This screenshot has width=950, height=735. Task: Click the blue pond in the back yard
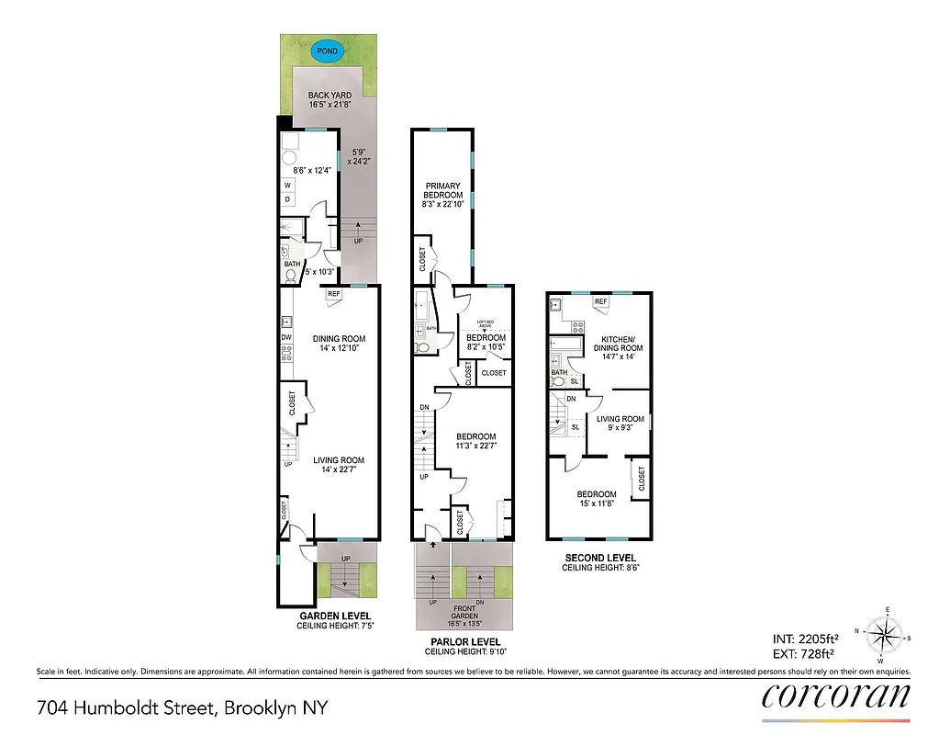(x=326, y=52)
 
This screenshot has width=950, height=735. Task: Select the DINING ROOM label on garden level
(x=339, y=339)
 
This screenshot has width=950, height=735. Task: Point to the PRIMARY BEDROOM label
(x=442, y=190)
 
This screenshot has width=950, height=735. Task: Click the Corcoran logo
(x=836, y=695)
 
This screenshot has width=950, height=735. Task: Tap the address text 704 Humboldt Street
(x=182, y=708)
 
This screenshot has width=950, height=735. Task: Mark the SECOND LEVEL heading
(x=599, y=558)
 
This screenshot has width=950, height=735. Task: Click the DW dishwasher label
(x=286, y=338)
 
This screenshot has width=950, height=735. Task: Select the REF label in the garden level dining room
(x=333, y=294)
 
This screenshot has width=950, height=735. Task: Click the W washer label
(x=287, y=185)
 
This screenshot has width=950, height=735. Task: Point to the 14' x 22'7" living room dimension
(x=339, y=470)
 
